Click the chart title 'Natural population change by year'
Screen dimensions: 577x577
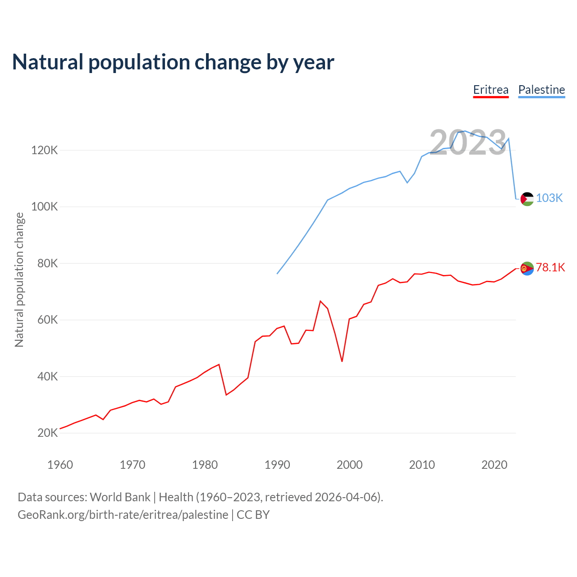pos(173,62)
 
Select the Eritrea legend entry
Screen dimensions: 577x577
pos(490,90)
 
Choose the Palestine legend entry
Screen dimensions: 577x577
pos(541,90)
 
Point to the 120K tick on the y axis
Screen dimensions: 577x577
pos(45,150)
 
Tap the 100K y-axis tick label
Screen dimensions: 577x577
pos(45,207)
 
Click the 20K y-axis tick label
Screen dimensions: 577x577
pos(47,433)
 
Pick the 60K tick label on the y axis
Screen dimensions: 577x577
pos(47,320)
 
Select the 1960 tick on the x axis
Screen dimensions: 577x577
pos(60,465)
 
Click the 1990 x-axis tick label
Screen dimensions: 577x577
pos(277,465)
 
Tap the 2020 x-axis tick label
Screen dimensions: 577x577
pos(495,465)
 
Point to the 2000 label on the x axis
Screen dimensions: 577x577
pos(349,465)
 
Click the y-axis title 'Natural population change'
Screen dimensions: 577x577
pos(19,279)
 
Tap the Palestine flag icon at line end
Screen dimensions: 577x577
pos(527,199)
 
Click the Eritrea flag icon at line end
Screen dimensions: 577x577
pos(527,269)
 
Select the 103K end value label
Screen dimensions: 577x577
pos(549,198)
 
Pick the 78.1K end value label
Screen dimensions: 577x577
pos(550,268)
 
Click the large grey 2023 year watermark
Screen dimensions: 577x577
pos(468,143)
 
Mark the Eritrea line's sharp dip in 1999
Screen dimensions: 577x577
pos(342,361)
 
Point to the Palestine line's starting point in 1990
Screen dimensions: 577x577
pos(277,274)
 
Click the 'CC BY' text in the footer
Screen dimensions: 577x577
pos(253,515)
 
